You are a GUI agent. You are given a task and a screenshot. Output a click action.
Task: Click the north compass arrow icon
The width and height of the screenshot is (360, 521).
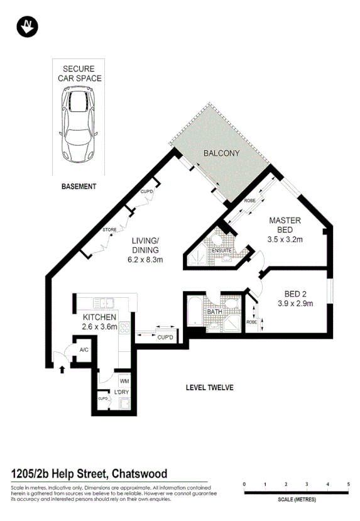tap(27, 26)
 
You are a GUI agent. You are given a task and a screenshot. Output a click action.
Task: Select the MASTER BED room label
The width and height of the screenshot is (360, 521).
tap(285, 225)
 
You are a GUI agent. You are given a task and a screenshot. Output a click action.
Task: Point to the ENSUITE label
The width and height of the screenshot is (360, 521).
tap(222, 251)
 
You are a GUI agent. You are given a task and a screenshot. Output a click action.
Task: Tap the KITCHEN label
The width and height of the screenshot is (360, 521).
tap(95, 317)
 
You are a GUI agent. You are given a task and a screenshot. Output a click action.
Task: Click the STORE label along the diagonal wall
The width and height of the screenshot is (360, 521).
tap(110, 230)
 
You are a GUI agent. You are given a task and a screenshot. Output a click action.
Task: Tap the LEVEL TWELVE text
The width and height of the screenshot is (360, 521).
tap(209, 388)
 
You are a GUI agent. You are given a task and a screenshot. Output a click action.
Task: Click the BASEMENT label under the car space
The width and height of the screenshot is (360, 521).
tap(79, 187)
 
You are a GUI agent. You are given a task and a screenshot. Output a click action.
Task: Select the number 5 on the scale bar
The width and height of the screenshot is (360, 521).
tap(348, 485)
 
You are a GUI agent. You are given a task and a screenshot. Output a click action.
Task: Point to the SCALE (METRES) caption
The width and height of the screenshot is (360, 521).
tap(296, 500)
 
